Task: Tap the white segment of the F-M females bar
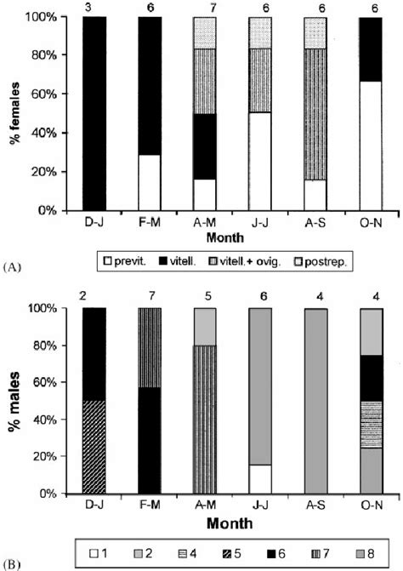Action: click(149, 181)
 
